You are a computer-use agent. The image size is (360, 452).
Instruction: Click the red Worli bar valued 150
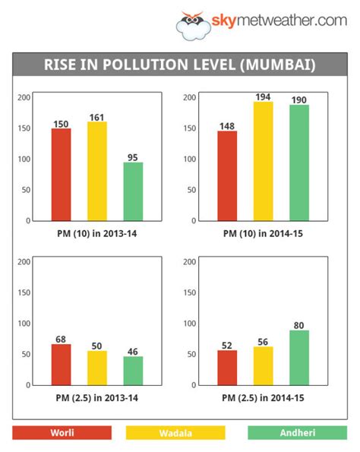tap(62, 175)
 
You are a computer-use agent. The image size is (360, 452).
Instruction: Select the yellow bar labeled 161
tap(96, 171)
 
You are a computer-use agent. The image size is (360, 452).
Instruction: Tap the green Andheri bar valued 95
tap(133, 191)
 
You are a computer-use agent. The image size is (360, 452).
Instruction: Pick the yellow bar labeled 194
tap(262, 161)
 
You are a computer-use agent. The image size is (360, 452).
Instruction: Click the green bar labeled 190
tap(298, 163)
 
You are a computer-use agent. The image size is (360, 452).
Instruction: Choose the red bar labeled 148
tap(227, 175)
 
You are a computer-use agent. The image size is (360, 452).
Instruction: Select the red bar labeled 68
tap(62, 365)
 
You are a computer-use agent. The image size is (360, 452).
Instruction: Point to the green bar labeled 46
tap(133, 371)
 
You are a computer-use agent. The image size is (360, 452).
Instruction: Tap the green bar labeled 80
tap(298, 358)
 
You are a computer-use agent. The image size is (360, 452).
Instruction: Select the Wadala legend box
tap(175, 432)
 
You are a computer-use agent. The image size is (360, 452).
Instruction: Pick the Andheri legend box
tap(297, 432)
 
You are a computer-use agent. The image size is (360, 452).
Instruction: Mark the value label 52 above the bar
tap(227, 345)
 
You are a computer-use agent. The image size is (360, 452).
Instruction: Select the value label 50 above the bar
tap(96, 346)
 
